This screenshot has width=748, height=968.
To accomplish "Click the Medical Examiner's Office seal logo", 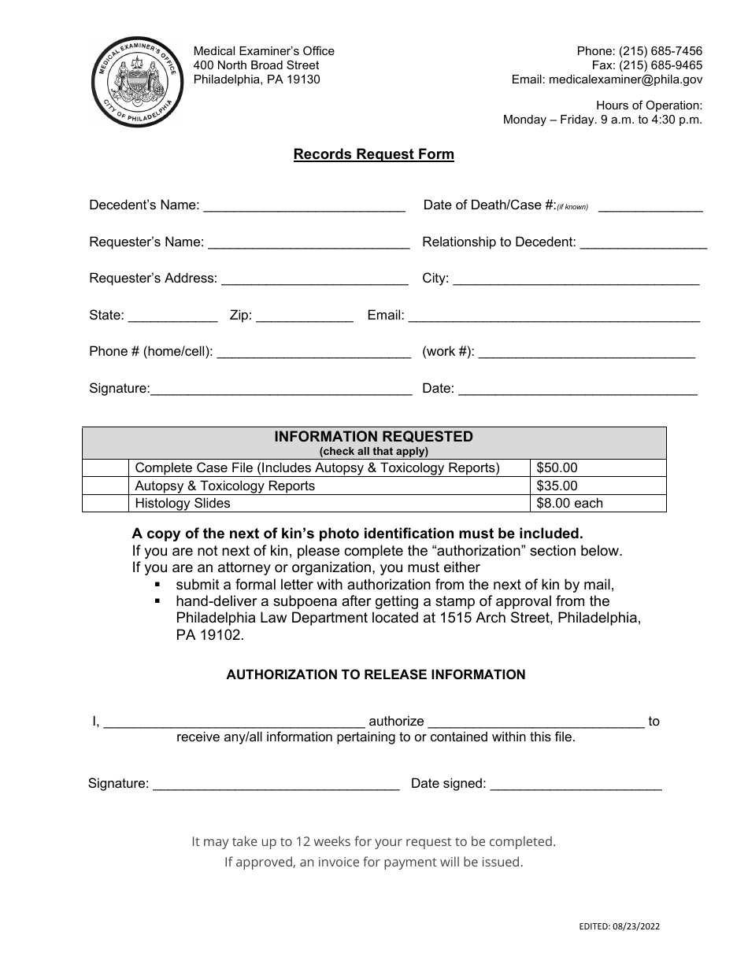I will point(137,82).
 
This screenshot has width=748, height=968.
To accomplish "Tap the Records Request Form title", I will point(374,154).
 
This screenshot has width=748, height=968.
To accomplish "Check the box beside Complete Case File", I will point(106,468).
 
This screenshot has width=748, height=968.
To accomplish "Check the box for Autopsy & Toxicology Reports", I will point(106,486).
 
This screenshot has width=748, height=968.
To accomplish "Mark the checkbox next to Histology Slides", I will point(106,503).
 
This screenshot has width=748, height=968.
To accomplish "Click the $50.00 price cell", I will point(598,468).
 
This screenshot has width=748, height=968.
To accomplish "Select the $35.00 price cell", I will point(598,486).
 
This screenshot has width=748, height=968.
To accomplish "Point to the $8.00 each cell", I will point(598,503).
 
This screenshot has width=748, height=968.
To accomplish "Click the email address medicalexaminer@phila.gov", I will point(626,79).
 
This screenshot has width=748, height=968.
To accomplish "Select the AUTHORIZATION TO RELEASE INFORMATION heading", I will point(376,674).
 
